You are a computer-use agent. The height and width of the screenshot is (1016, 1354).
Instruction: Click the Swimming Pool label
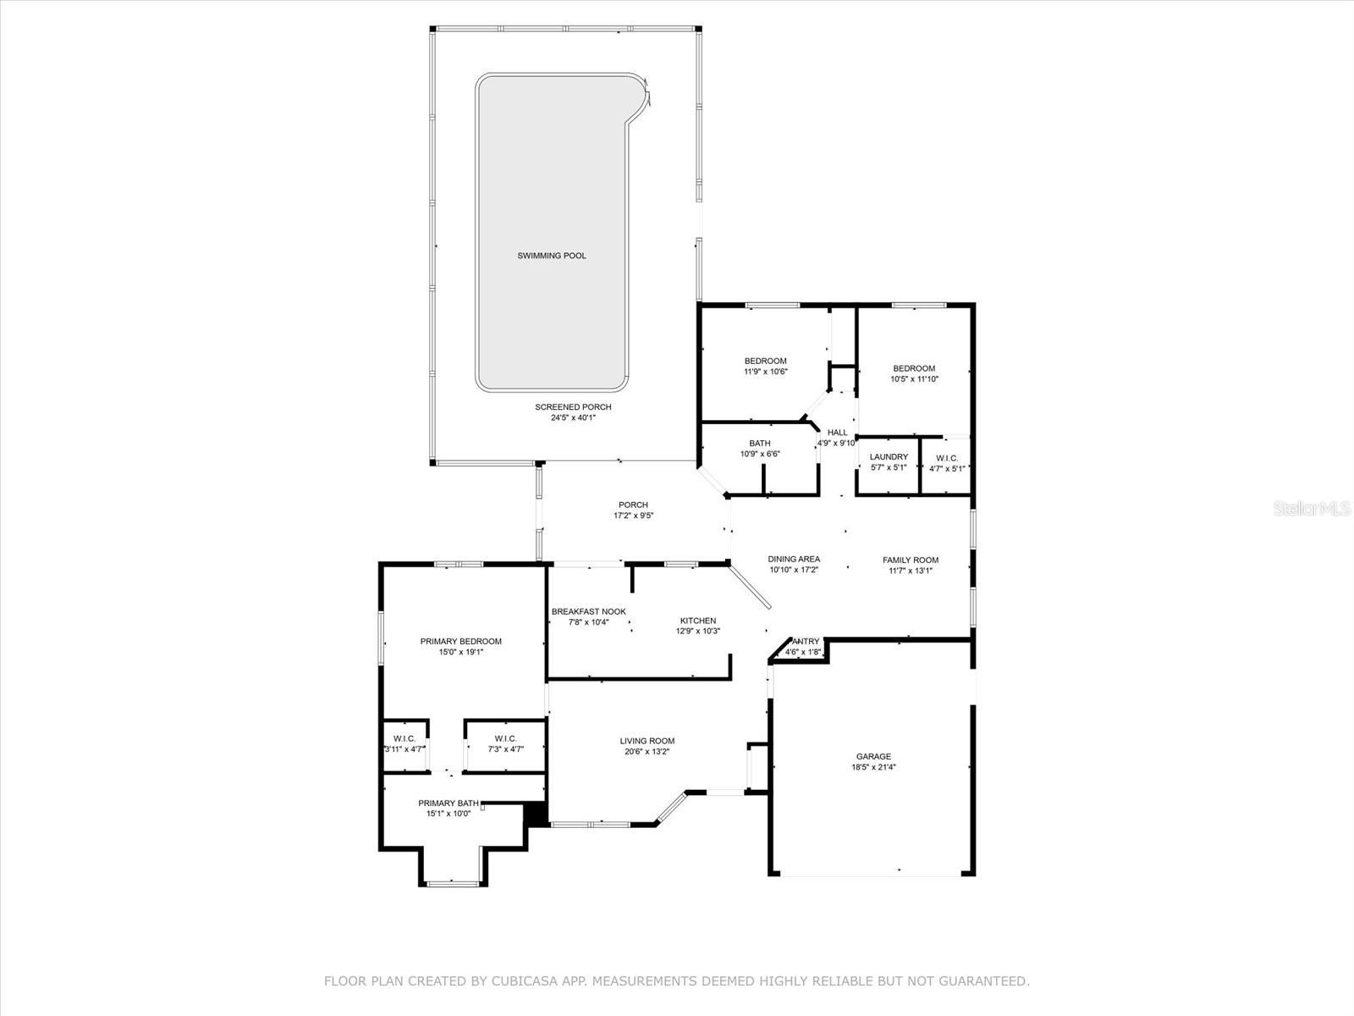tap(552, 256)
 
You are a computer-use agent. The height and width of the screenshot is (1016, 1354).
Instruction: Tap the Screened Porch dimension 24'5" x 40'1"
tap(573, 417)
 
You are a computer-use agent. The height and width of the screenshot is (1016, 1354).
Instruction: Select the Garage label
tap(873, 757)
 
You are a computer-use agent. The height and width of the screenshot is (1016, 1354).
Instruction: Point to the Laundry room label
tap(889, 457)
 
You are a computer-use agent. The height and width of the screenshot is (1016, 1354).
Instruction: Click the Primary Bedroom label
tap(460, 642)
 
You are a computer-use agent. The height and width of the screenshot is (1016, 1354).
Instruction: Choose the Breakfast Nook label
tap(588, 612)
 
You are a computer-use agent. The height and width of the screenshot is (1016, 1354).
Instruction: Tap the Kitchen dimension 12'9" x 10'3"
tap(697, 631)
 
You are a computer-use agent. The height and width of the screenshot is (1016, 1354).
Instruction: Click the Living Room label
tap(647, 741)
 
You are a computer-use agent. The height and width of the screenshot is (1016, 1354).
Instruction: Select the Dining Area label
tap(794, 560)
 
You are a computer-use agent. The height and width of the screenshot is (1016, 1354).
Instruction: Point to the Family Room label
tap(911, 560)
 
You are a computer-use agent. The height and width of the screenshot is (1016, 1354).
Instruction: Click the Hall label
tap(837, 433)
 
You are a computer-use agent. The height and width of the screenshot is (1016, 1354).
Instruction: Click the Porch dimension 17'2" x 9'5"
tap(633, 516)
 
